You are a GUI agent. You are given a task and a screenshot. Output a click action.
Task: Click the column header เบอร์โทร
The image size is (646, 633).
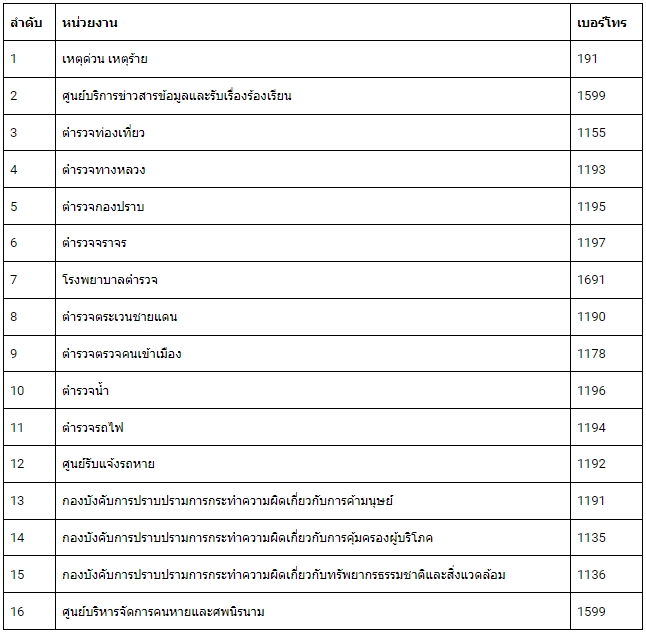click(x=602, y=22)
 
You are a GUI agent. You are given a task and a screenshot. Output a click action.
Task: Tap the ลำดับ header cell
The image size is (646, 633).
click(x=26, y=22)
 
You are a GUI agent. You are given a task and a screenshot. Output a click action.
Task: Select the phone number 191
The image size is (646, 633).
click(x=588, y=59)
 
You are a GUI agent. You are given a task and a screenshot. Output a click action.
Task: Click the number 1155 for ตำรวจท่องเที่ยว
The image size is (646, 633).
click(x=591, y=133)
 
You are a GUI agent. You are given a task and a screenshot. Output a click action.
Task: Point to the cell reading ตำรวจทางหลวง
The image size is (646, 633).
click(x=104, y=170)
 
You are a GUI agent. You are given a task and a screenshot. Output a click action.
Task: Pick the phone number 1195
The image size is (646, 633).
click(x=591, y=206)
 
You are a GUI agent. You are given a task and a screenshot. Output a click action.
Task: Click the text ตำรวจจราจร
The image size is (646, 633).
click(x=94, y=243)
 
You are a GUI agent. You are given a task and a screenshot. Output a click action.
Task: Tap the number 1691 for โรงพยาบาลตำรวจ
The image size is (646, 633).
click(x=591, y=280)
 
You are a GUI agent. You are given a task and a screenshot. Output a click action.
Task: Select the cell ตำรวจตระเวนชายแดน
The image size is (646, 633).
click(x=120, y=317)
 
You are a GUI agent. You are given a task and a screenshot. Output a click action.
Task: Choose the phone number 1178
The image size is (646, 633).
click(x=591, y=354)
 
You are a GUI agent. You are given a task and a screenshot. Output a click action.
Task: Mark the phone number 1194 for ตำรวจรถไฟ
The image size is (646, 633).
click(x=591, y=427)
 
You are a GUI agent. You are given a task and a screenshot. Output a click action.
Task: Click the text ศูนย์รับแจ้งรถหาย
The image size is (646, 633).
click(x=108, y=464)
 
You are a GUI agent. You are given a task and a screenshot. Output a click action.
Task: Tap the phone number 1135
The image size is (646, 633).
click(x=591, y=538)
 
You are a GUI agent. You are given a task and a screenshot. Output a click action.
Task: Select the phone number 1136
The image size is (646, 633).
click(x=591, y=575)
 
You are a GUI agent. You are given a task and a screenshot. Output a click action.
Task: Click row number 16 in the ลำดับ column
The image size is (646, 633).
click(x=17, y=611)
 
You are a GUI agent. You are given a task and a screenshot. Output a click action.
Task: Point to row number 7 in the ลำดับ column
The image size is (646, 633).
click(x=14, y=280)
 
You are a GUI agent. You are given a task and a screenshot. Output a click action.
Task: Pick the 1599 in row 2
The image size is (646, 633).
click(x=591, y=96)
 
